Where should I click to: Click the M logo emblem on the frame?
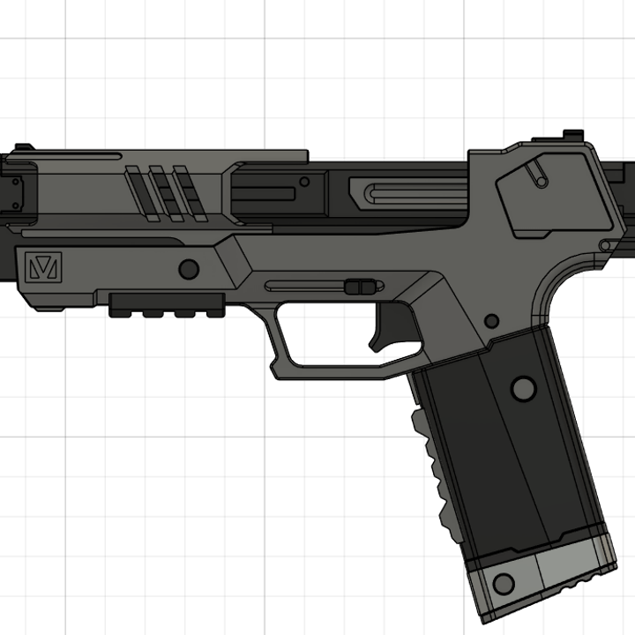tap(42, 266)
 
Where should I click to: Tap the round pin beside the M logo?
tap(188, 269)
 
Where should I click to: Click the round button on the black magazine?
tap(523, 387)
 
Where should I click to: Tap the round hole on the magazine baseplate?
tap(504, 583)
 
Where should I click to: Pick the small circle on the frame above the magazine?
tap(490, 320)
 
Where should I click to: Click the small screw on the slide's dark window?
tap(304, 183)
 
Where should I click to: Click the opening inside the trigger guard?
tap(326, 335)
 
